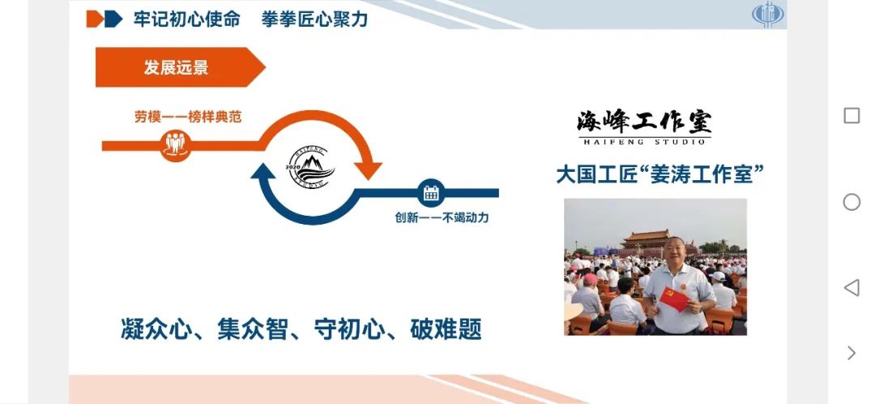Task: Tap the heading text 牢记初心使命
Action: [x=187, y=19]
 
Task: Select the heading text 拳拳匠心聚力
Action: [x=314, y=19]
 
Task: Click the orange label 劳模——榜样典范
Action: [x=188, y=118]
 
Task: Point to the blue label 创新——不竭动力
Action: [x=442, y=217]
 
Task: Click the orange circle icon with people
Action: [x=175, y=145]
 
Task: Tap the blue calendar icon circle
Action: [x=431, y=193]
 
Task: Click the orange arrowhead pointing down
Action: [x=368, y=170]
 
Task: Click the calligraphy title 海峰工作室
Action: [x=645, y=122]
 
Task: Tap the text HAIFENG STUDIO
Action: [x=645, y=142]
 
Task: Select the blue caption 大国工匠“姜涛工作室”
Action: [x=659, y=174]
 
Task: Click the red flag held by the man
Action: [x=674, y=299]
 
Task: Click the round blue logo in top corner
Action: [x=768, y=14]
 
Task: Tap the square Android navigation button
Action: [x=852, y=116]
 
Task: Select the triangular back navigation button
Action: [x=852, y=288]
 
